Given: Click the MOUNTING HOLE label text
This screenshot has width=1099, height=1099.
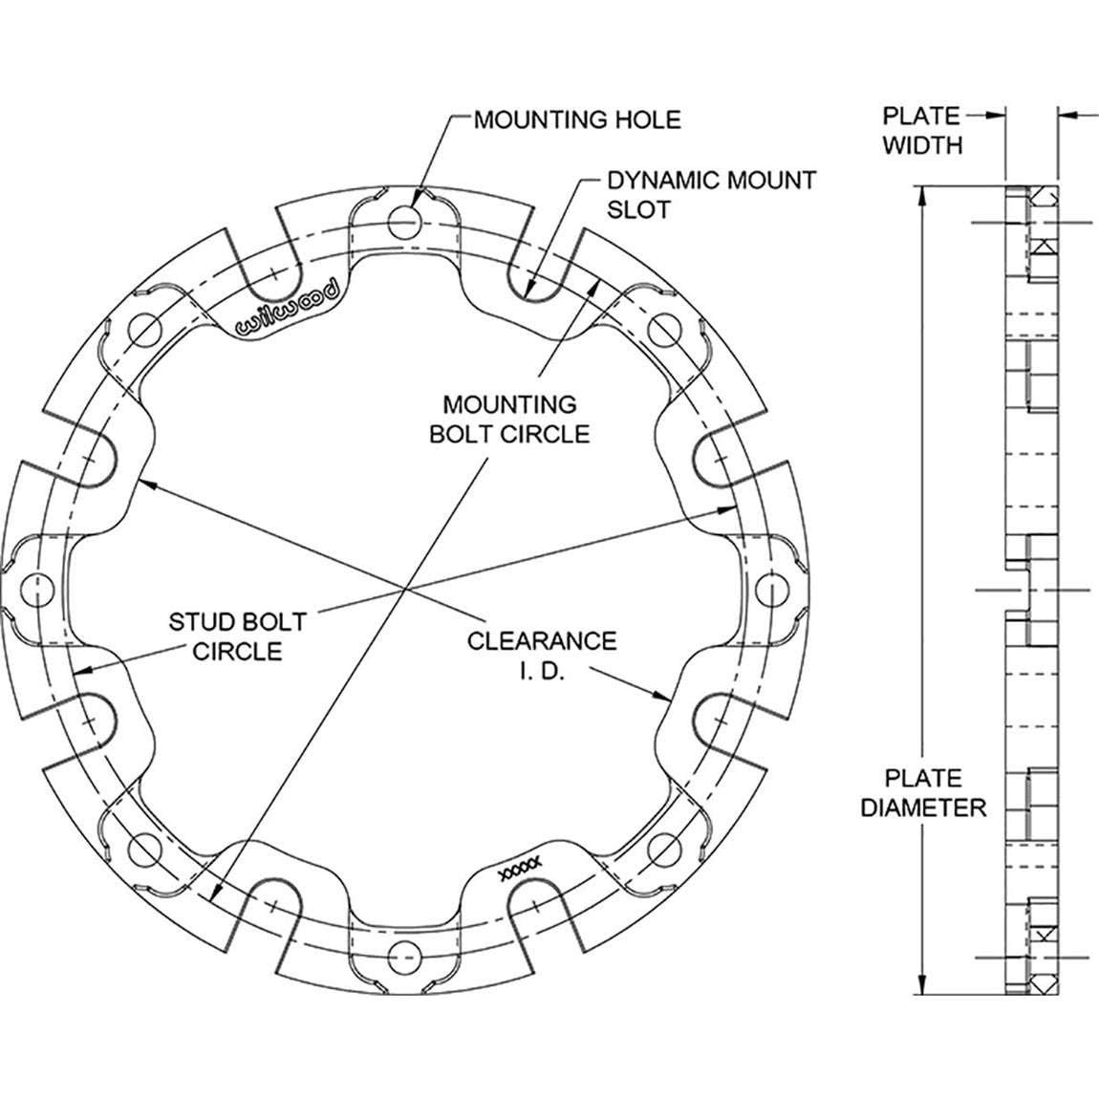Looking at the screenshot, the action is coord(577,119).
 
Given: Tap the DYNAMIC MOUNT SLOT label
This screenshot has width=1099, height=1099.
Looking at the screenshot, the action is coord(711,195).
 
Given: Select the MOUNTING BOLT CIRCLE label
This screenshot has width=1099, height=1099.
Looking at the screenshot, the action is coord(509,420).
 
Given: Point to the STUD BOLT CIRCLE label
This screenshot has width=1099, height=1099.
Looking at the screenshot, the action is coord(238,636).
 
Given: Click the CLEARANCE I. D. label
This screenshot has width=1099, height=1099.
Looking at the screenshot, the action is coord(542,656).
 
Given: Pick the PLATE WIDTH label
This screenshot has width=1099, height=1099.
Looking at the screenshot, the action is coord(921,130).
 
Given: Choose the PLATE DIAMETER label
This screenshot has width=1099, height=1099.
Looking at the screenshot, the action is coord(923,792).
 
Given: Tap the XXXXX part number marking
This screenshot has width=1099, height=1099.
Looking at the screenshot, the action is coord(519,867).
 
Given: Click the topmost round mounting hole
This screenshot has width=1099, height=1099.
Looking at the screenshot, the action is coord(403,223).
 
